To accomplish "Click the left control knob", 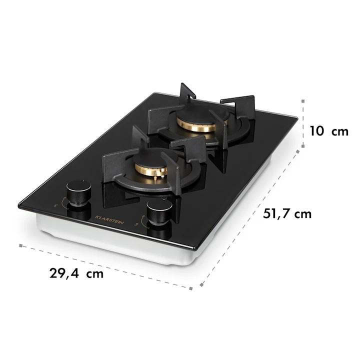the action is click(x=79, y=192).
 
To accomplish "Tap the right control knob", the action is click(x=159, y=211).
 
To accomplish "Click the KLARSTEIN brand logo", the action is click(x=109, y=219).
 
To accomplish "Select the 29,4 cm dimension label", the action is click(x=76, y=273).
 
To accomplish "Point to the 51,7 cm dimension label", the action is click(x=287, y=214).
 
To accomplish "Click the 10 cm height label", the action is click(x=329, y=131).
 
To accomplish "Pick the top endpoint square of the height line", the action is click(x=303, y=101).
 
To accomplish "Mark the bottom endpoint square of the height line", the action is click(x=303, y=146).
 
